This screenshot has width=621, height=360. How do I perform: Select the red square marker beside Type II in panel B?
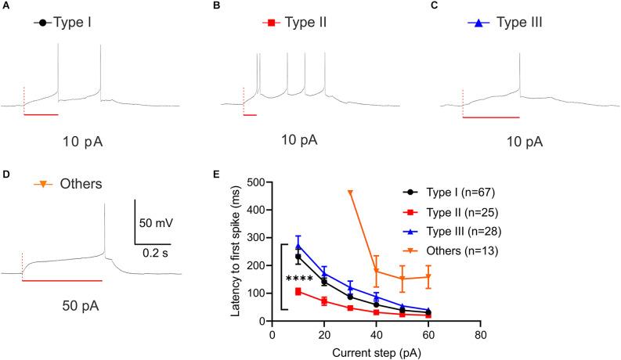pos(270,24)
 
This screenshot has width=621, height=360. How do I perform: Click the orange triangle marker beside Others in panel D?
pos(44,185)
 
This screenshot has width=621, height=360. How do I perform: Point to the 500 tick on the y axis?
pos(258,182)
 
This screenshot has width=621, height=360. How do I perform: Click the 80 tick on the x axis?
pos(481,333)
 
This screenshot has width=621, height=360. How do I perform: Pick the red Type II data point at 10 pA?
pos(298,291)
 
